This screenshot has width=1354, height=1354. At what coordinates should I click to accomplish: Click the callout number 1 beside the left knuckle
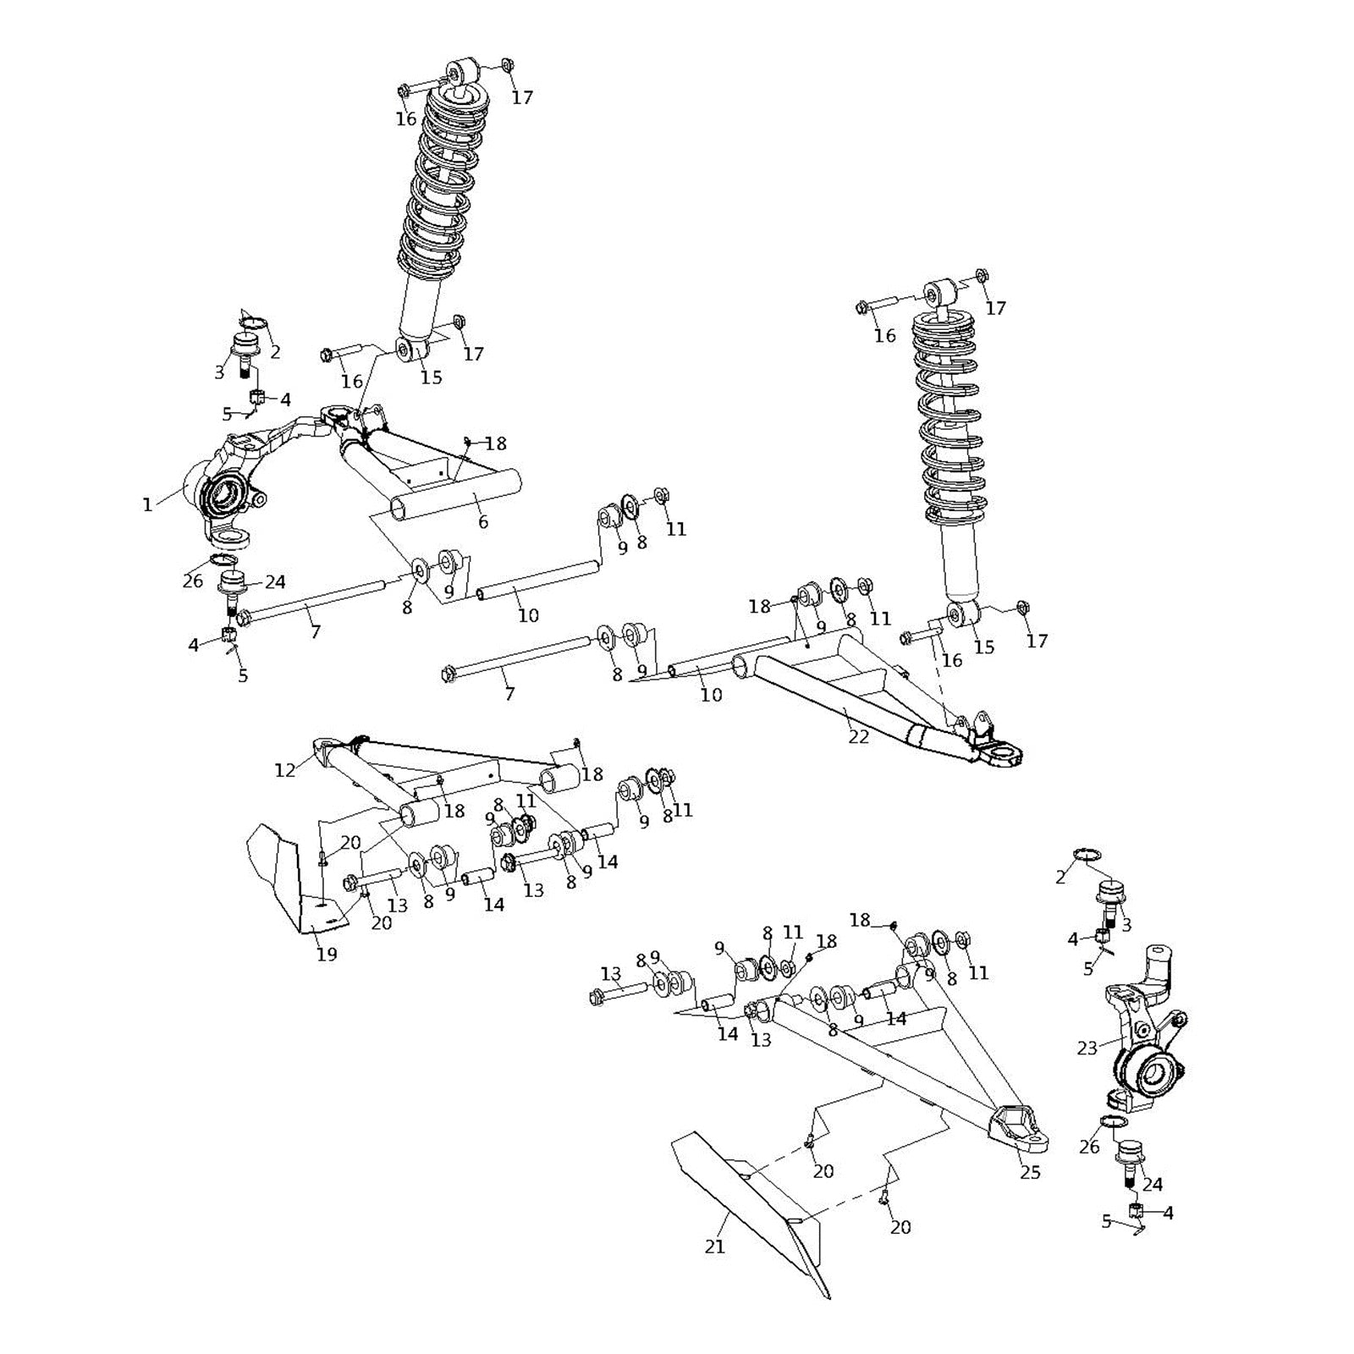pyautogui.click(x=147, y=505)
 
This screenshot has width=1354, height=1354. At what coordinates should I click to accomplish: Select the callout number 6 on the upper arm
pyautogui.click(x=483, y=522)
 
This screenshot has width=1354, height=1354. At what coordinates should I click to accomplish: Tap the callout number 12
pyautogui.click(x=285, y=769)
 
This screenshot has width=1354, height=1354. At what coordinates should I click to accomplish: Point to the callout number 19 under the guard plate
pyautogui.click(x=327, y=955)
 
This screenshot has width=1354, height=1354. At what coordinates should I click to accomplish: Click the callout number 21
pyautogui.click(x=715, y=1247)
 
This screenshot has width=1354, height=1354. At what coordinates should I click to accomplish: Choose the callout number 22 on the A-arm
pyautogui.click(x=858, y=736)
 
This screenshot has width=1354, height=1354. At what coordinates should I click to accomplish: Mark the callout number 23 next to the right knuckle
pyautogui.click(x=1087, y=1049)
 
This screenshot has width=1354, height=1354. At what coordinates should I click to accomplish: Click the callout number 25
pyautogui.click(x=1030, y=1172)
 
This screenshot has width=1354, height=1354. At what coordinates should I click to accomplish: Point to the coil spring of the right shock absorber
pyautogui.click(x=949, y=423)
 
